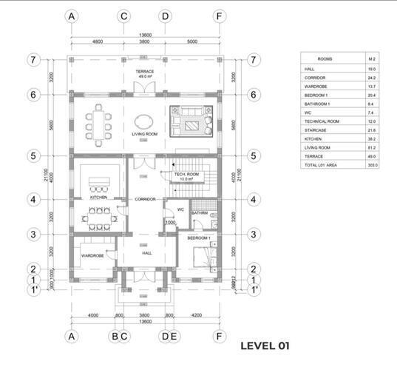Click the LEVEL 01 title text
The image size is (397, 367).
point(265,346)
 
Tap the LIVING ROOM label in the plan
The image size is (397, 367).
point(146,135)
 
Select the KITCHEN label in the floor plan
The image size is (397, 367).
point(99,198)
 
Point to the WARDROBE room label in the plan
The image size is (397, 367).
point(92,255)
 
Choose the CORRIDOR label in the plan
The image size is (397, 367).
point(144,200)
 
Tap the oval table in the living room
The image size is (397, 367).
point(145,121)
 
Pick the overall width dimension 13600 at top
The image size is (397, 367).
point(145,35)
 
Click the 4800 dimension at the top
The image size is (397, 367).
point(97,42)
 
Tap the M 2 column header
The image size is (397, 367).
point(372,58)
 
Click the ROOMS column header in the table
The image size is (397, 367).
point(325,58)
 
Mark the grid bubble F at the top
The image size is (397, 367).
point(219,16)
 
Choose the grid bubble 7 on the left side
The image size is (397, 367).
point(33,59)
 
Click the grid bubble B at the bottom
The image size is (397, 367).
point(114,335)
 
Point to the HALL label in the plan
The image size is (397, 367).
point(146,252)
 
